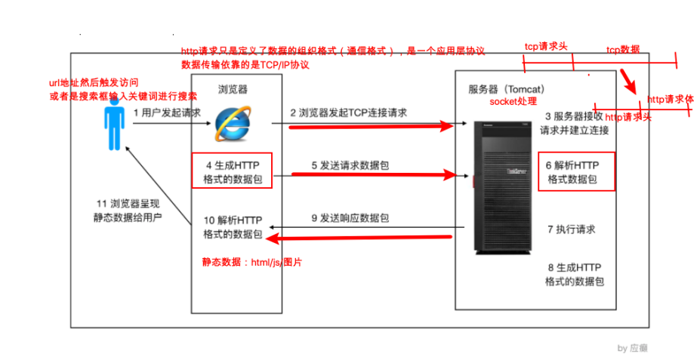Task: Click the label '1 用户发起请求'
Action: pyautogui.click(x=167, y=112)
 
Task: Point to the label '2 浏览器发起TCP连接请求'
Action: pyautogui.click(x=349, y=112)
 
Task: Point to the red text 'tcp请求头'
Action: pyautogui.click(x=546, y=47)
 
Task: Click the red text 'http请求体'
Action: pyautogui.click(x=671, y=99)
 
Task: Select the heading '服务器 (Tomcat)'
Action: pyautogui.click(x=507, y=88)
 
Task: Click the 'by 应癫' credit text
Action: pyautogui.click(x=632, y=348)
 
